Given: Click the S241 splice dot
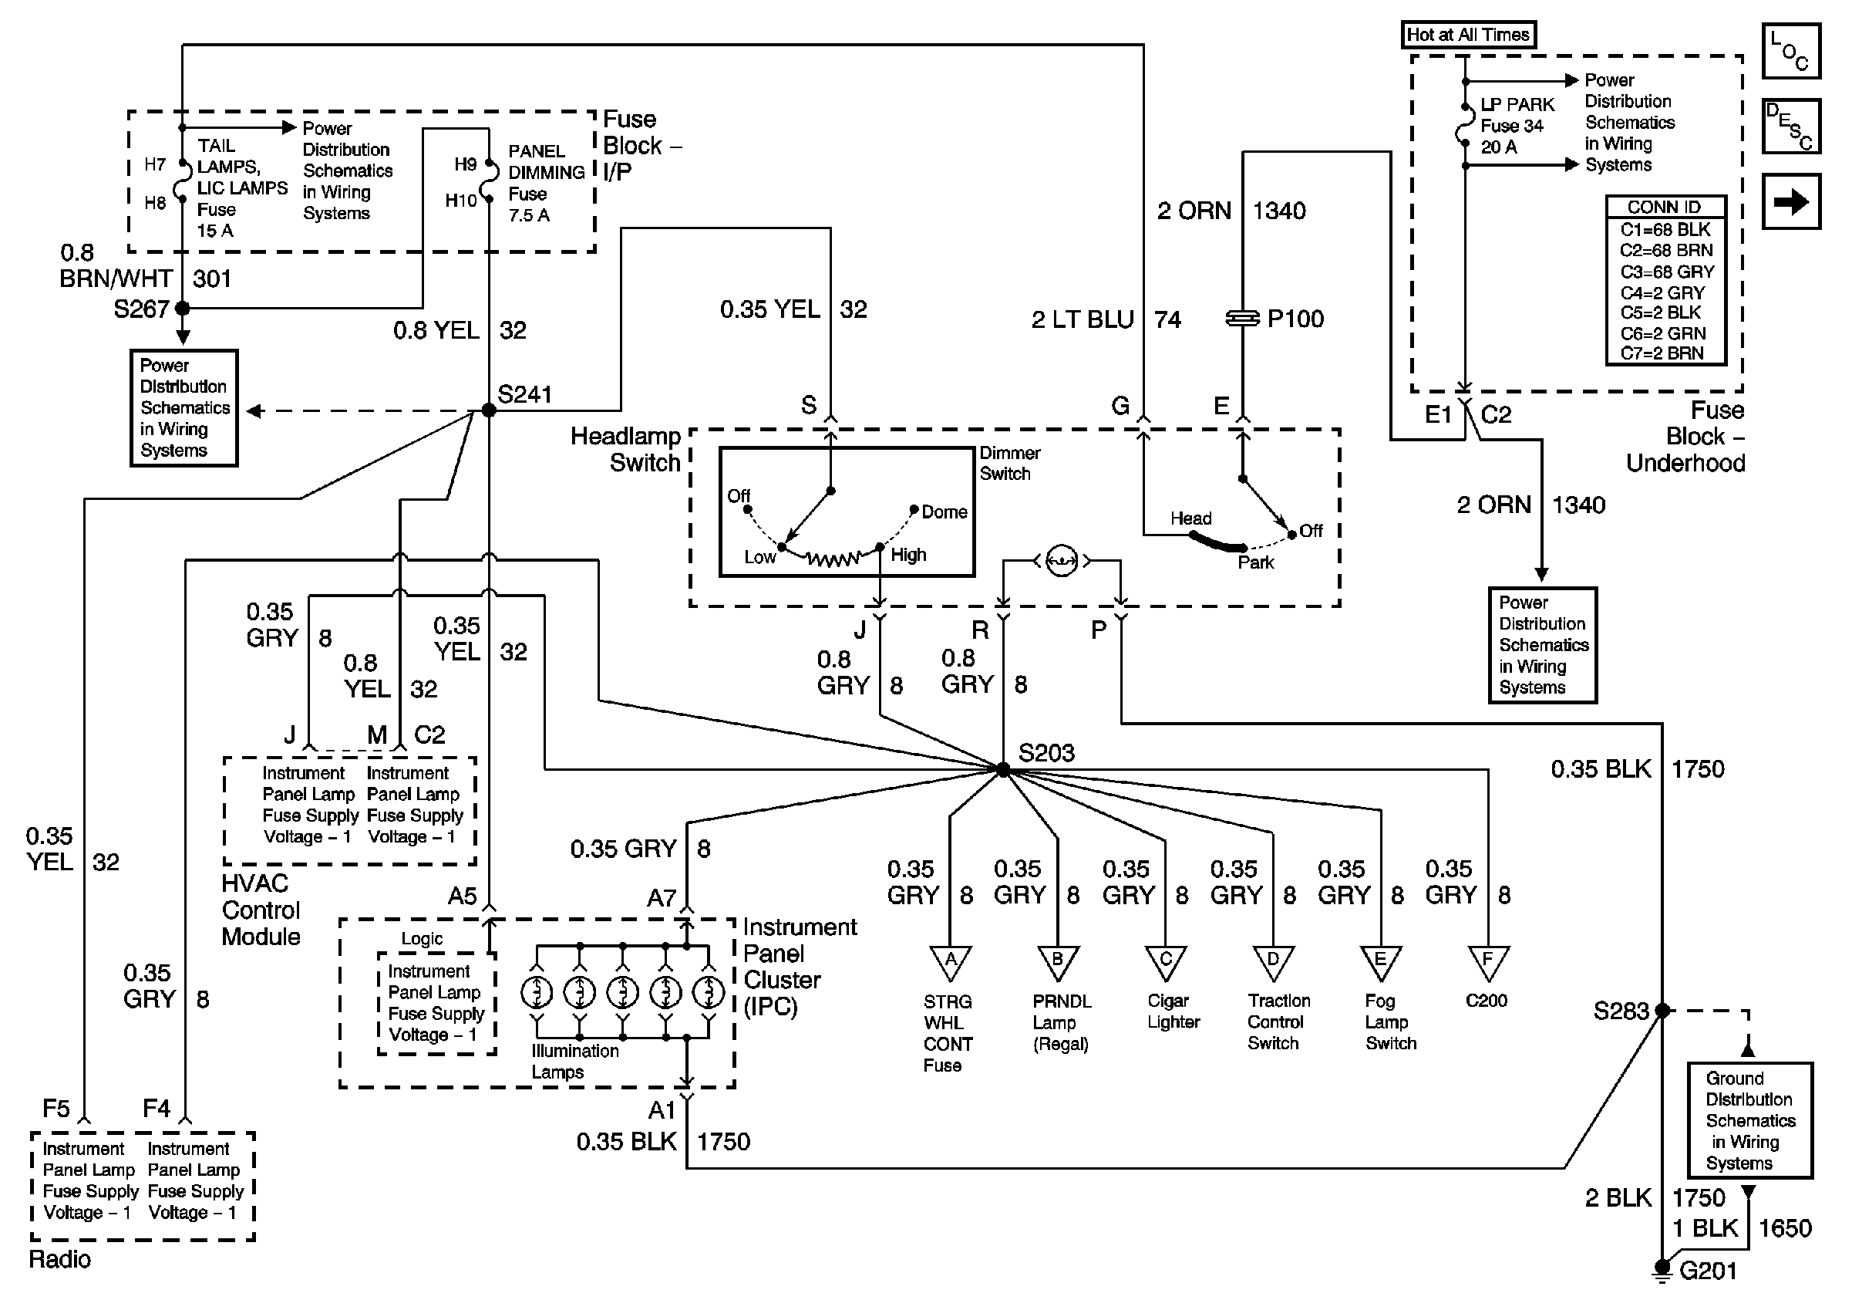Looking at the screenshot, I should pos(489,410).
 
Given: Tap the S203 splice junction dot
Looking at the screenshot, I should pos(1002,769).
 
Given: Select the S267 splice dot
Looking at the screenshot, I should pos(183,308).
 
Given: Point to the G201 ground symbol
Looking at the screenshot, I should pos(1662,1270).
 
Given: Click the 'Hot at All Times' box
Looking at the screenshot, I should pos(1467,35).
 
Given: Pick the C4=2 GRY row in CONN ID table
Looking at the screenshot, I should pos(1665,292).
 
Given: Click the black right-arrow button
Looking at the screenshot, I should pos(1790,201).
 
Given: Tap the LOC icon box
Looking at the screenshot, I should pos(1790,51).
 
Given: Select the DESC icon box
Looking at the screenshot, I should pos(1790,126).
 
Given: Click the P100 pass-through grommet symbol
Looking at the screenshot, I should pos(1242,319).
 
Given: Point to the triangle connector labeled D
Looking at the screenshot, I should pos(1273,962).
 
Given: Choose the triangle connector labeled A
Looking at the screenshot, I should pos(950,962).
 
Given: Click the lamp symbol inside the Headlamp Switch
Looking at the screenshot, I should pos(1062,560).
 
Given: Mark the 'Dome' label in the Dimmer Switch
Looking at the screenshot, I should pos(944,512).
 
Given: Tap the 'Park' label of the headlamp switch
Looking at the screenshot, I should pos(1256,562).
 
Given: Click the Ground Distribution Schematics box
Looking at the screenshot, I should pos(1749,1120).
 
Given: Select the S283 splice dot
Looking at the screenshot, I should pos(1662,1011).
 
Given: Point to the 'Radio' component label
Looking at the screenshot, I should pos(59,1259).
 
